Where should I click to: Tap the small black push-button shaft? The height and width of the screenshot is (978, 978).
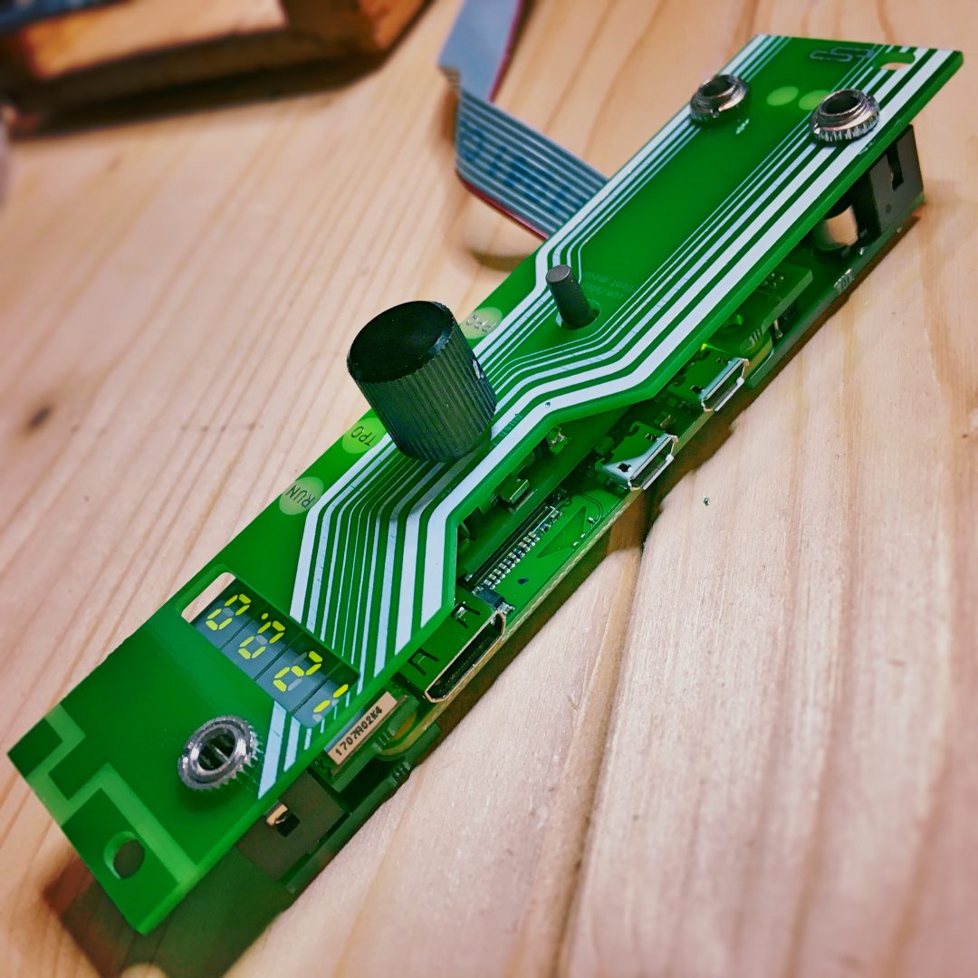click(567, 295)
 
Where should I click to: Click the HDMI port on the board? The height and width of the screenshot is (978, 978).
click(464, 653)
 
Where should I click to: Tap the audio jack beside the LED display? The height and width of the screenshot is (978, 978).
click(219, 753)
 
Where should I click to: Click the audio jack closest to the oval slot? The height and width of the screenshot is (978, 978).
click(845, 116)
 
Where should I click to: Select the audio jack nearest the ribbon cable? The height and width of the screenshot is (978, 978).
click(719, 98)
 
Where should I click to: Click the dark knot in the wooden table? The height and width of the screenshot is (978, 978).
click(38, 417)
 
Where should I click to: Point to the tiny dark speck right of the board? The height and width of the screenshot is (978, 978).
click(705, 501)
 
